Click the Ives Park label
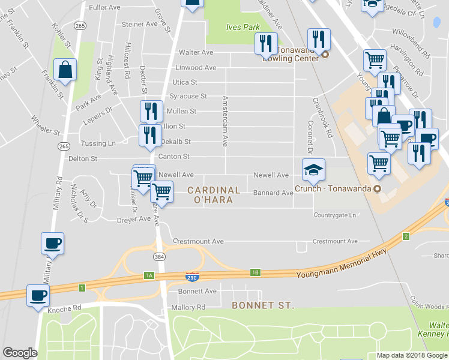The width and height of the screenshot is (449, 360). point(243,27)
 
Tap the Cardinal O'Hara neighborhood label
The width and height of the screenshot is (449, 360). point(214,195)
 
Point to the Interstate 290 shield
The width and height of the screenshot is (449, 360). point(192,276)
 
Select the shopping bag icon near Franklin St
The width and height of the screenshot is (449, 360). point(65,70)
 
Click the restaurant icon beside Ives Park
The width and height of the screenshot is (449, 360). point(265,44)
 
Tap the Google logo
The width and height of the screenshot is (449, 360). point(20,353)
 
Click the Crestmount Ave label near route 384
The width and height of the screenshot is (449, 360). point(198,241)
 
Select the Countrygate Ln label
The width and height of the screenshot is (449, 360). point(335,215)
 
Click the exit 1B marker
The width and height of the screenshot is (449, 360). point(255,273)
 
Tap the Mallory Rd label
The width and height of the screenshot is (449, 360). point(188,307)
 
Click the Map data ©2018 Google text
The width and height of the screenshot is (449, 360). point(412,355)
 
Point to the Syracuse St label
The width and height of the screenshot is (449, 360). point(188,96)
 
